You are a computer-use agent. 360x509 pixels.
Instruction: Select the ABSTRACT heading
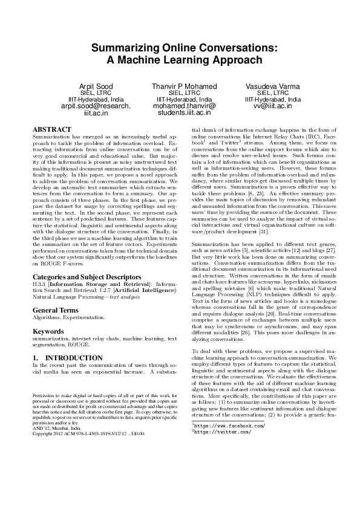51,129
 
